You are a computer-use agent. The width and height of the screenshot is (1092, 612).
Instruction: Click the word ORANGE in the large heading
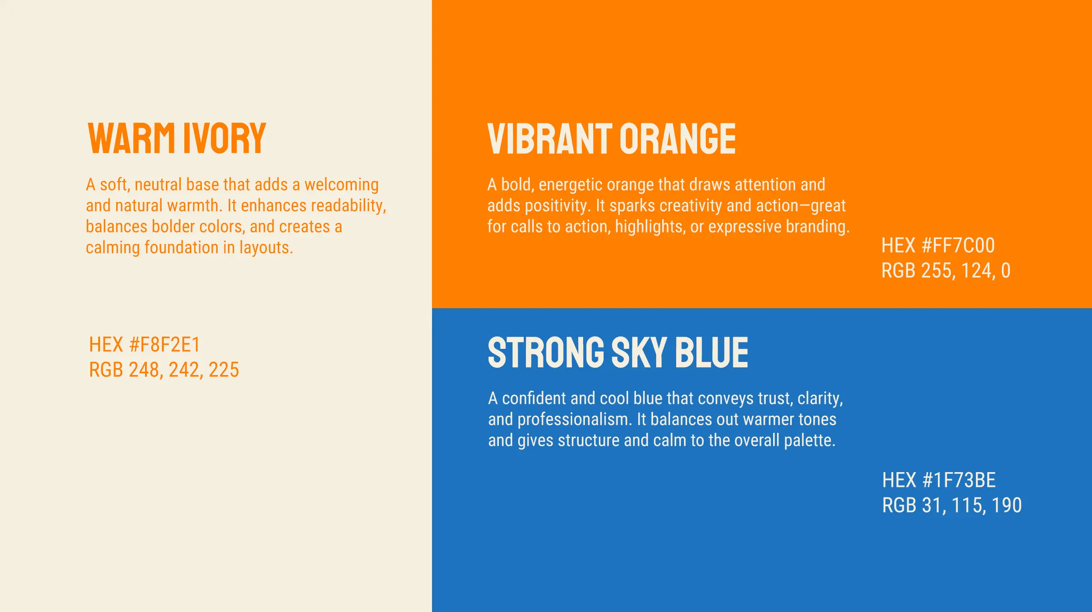[x=677, y=139]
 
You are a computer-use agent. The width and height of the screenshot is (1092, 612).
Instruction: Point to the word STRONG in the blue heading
[x=546, y=352]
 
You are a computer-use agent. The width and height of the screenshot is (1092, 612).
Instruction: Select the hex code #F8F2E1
[x=165, y=344]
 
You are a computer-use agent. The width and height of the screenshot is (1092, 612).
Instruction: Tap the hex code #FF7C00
[x=958, y=245]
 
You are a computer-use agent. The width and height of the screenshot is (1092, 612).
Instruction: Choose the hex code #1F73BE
[x=959, y=480]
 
